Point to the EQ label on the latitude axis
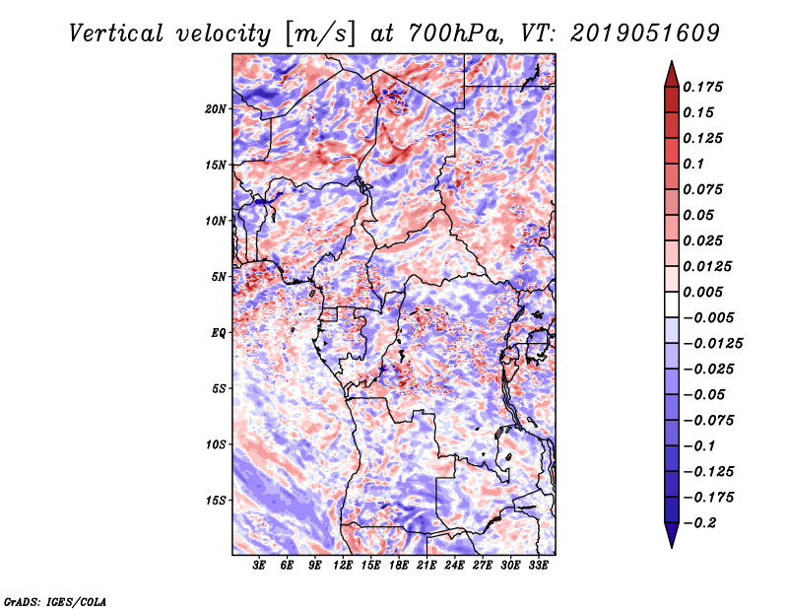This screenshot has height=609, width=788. [219, 333]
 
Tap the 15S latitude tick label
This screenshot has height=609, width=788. [217, 501]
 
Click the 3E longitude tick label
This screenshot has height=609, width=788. [260, 566]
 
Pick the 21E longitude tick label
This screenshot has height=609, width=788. [427, 566]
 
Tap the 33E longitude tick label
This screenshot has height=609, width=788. [538, 566]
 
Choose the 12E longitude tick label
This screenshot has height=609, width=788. [343, 566]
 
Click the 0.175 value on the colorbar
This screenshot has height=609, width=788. [705, 88]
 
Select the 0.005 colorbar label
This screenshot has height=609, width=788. [705, 293]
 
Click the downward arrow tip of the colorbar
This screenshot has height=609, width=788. [670, 544]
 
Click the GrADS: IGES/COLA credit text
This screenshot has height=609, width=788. [54, 600]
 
